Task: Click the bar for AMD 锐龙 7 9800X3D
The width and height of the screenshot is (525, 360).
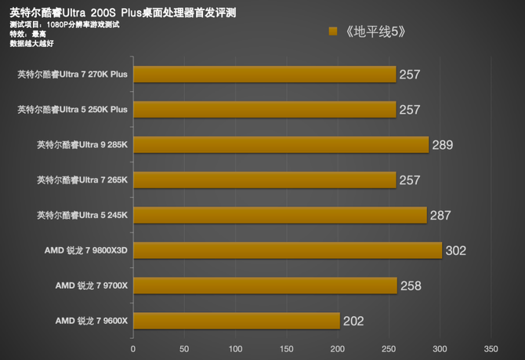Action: coord(288,250)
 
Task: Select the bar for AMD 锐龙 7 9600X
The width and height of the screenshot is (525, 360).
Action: coord(237,321)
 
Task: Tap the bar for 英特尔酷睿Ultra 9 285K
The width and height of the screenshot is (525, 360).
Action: coord(281,144)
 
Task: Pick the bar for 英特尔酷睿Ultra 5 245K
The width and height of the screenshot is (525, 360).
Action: coord(280,215)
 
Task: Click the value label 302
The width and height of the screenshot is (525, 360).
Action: coord(455,251)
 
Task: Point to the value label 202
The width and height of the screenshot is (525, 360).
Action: coord(353,322)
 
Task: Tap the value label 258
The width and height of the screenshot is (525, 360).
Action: coord(411,286)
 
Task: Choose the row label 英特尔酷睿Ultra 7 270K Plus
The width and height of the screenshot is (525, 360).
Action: coord(72,75)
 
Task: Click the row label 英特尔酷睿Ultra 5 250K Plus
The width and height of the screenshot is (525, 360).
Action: coord(72,110)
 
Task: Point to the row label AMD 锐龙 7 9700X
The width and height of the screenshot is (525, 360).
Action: coord(91,285)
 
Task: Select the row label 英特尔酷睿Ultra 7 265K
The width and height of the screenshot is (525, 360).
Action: coord(81,180)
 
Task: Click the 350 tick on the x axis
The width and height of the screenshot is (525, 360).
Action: coord(491,348)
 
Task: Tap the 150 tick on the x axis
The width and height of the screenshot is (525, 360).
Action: coord(287,348)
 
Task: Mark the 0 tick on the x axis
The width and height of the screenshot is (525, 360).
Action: coord(133,348)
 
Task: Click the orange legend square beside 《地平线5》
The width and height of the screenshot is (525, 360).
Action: coord(333,32)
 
